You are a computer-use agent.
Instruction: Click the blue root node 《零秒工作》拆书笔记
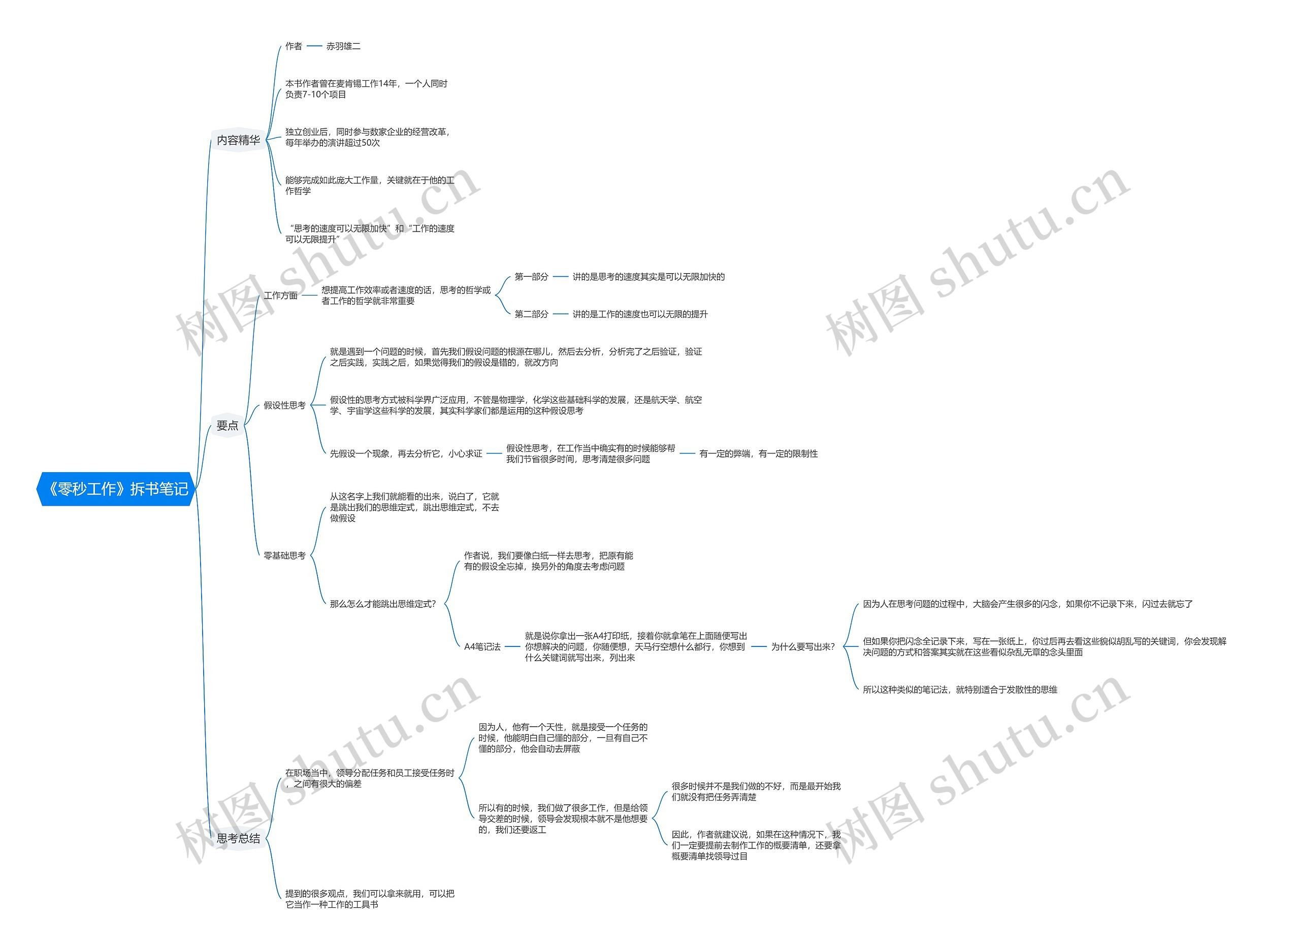pos(117,489)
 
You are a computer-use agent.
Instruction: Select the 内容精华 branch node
pos(238,140)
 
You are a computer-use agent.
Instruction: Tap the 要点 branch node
pos(227,425)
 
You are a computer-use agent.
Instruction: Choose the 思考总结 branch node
pos(238,838)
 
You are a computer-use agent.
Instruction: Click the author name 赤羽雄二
pos(343,46)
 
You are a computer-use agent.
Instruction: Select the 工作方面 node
pos(281,296)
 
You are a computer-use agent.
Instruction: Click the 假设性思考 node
pos(284,405)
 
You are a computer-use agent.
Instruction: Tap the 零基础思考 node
pos(284,555)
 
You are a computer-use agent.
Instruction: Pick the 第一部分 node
pos(531,277)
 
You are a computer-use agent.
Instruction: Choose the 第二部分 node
pos(531,314)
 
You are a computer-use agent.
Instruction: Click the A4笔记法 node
pos(482,647)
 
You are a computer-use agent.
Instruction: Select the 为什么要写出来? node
pos(803,647)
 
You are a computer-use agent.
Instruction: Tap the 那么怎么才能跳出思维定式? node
pos(383,604)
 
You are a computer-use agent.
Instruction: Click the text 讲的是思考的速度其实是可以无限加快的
pos(648,277)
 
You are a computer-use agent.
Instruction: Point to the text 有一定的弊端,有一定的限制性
pos(758,454)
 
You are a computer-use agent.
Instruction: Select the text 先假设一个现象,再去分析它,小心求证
pos(406,454)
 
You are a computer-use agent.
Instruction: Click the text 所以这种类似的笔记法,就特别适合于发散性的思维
pos(960,690)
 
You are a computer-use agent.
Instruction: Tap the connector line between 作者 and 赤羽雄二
pos(314,46)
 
